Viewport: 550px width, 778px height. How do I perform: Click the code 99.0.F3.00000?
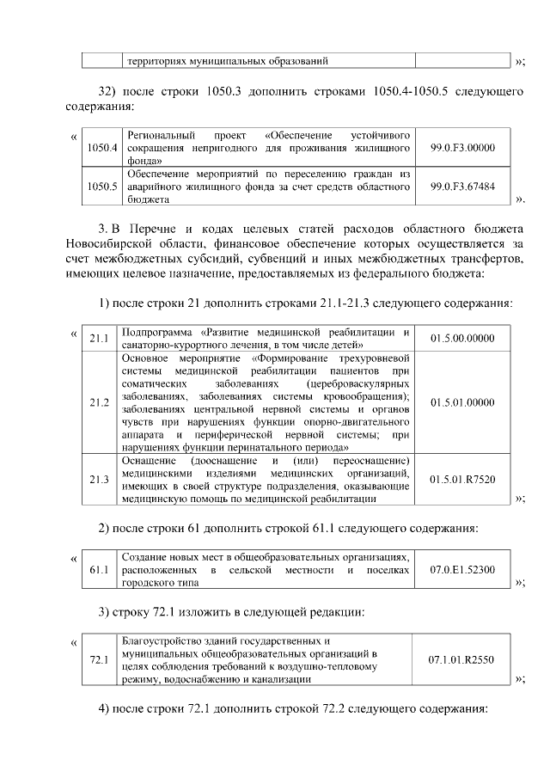tap(462, 147)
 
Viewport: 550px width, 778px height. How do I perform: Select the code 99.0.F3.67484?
tap(462, 186)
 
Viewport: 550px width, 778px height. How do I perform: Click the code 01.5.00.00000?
tap(462, 340)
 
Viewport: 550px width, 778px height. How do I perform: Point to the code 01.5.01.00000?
tap(462, 401)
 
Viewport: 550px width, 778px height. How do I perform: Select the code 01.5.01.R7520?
tap(462, 479)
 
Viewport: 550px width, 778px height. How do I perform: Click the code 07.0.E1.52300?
tap(462, 570)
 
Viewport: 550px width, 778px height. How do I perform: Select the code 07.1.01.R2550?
tap(462, 660)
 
